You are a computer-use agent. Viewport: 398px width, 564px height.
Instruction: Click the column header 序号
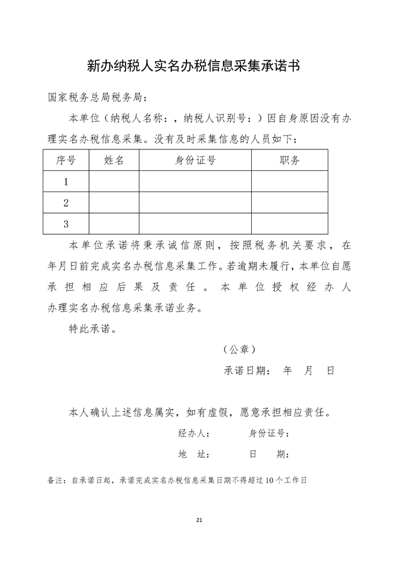tap(66, 160)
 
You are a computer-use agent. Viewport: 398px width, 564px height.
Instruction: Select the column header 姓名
tap(114, 160)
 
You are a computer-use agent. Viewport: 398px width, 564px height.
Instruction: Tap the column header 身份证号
tap(195, 160)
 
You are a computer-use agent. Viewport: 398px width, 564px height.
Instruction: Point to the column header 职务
tap(289, 160)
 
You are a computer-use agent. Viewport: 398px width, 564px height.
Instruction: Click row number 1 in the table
tap(66, 182)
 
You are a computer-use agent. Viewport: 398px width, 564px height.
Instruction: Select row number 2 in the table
tap(66, 203)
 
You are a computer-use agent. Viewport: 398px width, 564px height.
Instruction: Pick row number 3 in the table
tap(66, 224)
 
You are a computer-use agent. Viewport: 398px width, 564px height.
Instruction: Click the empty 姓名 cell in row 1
tap(114, 182)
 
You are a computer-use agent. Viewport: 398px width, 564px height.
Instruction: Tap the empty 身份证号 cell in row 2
tap(195, 203)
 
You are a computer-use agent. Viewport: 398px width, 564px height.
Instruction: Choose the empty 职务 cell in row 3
tap(289, 224)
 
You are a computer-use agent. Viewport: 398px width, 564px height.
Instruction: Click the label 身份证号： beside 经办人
tap(269, 433)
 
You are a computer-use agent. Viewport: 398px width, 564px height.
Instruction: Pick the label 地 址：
tap(194, 454)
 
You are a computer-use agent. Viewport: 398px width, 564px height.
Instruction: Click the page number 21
tap(199, 521)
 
